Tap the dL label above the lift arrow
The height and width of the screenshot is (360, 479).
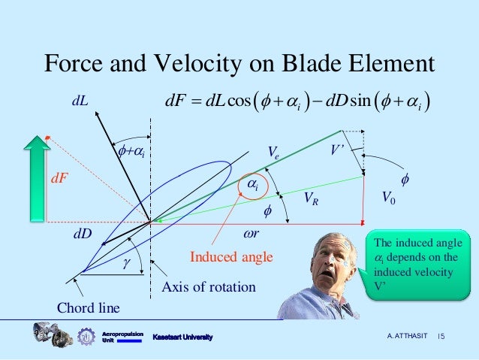pyautogui.click(x=80, y=100)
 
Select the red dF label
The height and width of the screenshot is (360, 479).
pyautogui.click(x=59, y=178)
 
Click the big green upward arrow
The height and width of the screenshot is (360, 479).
pyautogui.click(x=37, y=178)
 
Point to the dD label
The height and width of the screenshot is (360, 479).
pyautogui.click(x=83, y=234)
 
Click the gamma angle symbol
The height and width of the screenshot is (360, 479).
pyautogui.click(x=127, y=262)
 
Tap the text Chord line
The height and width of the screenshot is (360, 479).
pyautogui.click(x=89, y=307)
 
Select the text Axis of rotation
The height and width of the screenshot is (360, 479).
pyautogui.click(x=209, y=287)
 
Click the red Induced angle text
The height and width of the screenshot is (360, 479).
pyautogui.click(x=231, y=256)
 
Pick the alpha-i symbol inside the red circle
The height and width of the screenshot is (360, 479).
pyautogui.click(x=253, y=185)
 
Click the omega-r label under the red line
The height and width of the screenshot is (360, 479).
pyautogui.click(x=251, y=234)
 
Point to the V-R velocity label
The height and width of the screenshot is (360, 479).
pyautogui.click(x=312, y=198)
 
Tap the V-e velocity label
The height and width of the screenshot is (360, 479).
pyautogui.click(x=273, y=152)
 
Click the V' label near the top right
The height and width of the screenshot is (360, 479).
pyautogui.click(x=337, y=150)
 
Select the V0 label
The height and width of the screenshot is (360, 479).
pyautogui.click(x=389, y=197)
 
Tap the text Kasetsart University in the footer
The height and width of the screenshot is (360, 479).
pyautogui.click(x=182, y=337)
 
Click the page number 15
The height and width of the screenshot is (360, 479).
pyautogui.click(x=441, y=336)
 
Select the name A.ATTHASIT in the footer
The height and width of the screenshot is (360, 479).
pyautogui.click(x=407, y=336)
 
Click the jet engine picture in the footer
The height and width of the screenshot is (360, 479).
pyautogui.click(x=53, y=334)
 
